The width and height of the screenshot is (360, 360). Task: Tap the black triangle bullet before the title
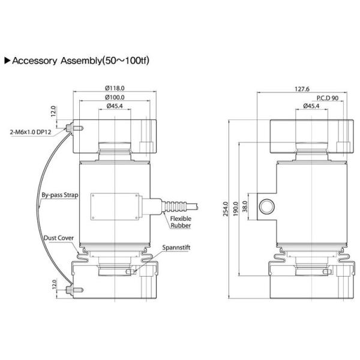click(x=7, y=61)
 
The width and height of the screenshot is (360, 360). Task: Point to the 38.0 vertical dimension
click(x=244, y=205)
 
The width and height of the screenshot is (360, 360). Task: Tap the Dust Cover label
click(x=58, y=238)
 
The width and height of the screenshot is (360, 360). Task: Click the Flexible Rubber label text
click(x=180, y=223)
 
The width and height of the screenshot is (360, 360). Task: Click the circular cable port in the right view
click(x=265, y=205)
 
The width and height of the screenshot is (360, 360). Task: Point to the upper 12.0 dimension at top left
click(x=53, y=112)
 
